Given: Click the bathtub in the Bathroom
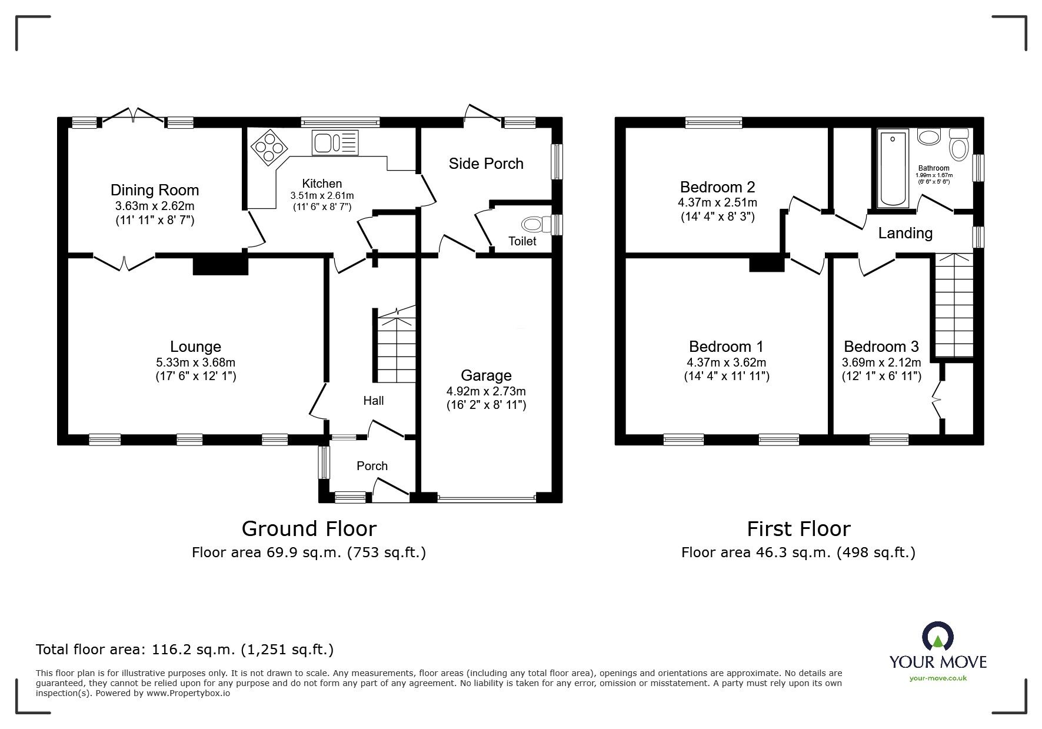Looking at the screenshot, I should (893, 169).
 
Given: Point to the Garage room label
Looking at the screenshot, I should (486, 375).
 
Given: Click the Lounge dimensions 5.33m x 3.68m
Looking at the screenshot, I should (195, 362).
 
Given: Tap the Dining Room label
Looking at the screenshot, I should (155, 190).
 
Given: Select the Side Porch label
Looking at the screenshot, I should (486, 164).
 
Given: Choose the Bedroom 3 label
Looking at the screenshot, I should (881, 347).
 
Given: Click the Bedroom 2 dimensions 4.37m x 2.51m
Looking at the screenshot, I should (717, 202).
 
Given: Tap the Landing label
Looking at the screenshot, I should (905, 233).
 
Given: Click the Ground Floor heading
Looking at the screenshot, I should (309, 529).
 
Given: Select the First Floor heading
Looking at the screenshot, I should (798, 529).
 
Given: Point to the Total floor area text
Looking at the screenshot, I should (185, 650).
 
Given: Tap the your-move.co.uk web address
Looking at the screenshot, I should (938, 678).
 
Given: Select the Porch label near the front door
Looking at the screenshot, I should (372, 466).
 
